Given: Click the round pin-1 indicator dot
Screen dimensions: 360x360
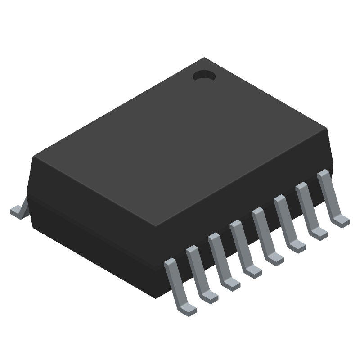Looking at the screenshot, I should click(204, 76).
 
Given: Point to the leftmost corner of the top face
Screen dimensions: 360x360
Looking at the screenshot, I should click(34, 157).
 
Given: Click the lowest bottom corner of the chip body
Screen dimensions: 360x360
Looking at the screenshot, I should click(156, 298).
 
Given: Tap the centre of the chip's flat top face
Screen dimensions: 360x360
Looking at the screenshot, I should click(180, 142).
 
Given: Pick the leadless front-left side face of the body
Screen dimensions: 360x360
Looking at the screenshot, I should click(90, 225).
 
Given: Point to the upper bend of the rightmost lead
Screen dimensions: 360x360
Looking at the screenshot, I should click(322, 174).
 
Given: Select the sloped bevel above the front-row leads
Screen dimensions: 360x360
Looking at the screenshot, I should click(243, 198).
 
